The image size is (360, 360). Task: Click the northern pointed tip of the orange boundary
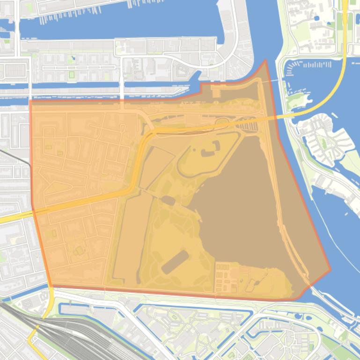(265, 60)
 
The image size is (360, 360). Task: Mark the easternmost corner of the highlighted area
(331, 269)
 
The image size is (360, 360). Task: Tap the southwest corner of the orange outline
(51, 286)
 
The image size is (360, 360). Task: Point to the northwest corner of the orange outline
(30, 101)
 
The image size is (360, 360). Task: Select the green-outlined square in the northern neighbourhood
(72, 74)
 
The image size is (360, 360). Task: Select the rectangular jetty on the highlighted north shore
(217, 91)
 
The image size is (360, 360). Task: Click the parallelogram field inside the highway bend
(154, 166)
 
